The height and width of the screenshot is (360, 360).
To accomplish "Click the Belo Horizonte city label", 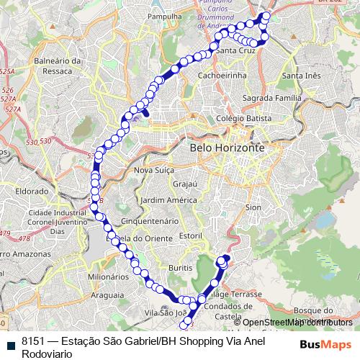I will coord(228,148).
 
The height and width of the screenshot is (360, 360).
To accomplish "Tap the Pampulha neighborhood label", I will coord(163,16).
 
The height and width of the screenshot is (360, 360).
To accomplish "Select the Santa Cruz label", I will coord(235,52).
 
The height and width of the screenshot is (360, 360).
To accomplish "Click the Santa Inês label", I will coord(302,76).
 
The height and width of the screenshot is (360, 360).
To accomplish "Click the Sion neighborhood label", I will coord(253,207).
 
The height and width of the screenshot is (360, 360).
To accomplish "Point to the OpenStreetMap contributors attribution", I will coord(297,322).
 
